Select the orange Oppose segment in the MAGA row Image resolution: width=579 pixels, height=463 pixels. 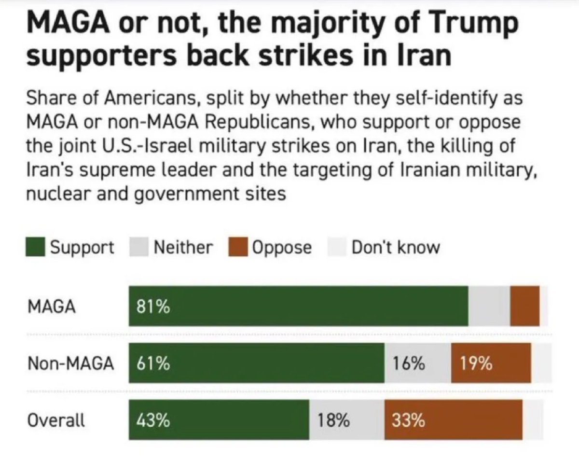[524, 306]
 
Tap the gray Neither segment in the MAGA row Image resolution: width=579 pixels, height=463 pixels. [489, 306]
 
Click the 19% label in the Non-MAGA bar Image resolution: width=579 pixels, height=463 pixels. [476, 364]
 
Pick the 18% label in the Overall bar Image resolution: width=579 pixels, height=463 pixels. [333, 421]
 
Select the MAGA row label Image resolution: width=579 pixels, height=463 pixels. [52, 307]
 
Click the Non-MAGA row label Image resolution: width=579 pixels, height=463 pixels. [70, 364]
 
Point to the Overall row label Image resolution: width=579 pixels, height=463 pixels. [56, 420]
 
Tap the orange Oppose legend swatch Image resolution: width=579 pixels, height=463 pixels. [238, 248]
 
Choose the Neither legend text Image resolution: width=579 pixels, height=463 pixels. [183, 248]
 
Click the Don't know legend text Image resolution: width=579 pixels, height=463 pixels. [396, 248]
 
